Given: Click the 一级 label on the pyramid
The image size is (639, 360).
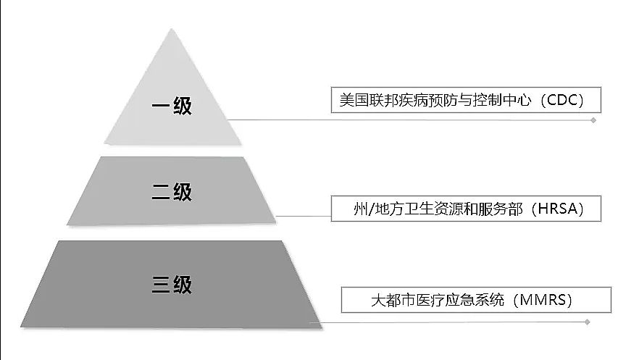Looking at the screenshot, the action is pos(172,106).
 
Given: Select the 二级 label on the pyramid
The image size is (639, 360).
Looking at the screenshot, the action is pos(172,192).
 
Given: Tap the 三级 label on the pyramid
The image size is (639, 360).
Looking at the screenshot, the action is pos(172,284).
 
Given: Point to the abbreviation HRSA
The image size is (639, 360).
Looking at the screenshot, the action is pos(558,209).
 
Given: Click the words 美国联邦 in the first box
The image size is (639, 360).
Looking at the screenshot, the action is pos(369,100).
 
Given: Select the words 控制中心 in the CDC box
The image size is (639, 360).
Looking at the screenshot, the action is pos(502,100).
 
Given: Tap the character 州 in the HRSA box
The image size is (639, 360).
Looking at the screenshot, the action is pos(361,209).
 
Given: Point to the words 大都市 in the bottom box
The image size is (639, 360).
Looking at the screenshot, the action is pos(393,300).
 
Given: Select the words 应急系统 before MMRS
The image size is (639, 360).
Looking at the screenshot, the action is pos(475,300).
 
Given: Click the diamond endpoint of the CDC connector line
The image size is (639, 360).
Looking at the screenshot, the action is pos(593,120).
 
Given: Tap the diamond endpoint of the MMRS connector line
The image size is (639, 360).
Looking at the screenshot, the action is pos(588,322).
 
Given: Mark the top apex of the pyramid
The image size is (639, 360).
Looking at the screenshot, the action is pos(172,28).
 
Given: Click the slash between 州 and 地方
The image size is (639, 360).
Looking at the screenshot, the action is pos(371,209).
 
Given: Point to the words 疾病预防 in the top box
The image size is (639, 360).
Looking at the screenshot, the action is pos(428,100).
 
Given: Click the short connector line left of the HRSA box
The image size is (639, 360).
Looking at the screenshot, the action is pos(303,216).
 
